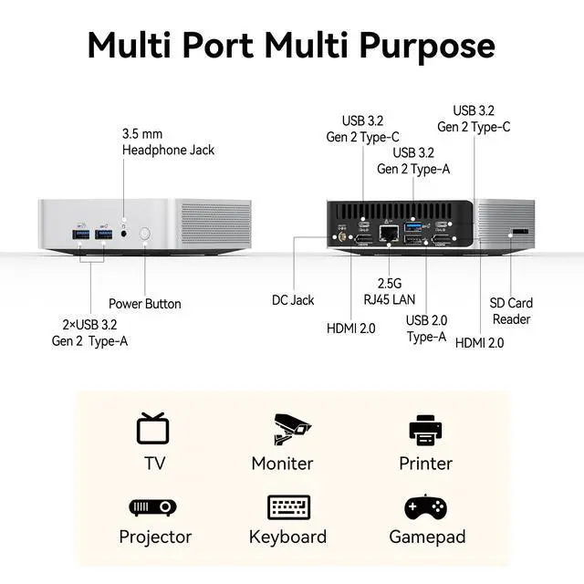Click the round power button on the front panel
click(145, 234)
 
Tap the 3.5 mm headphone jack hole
click(124, 234)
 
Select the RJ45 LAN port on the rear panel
click(389, 234)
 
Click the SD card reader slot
click(521, 232)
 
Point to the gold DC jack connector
click(340, 236)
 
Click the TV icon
click(153, 428)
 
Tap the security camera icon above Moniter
click(292, 429)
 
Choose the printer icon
click(425, 430)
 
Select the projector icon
click(152, 507)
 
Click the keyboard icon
click(288, 507)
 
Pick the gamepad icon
click(426, 506)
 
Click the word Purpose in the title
click(427, 47)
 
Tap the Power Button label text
click(145, 304)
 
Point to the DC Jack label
click(293, 300)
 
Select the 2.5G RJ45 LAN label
click(390, 291)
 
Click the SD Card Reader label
click(511, 311)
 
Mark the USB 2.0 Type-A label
click(426, 328)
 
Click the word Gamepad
click(427, 537)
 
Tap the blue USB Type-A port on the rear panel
click(413, 226)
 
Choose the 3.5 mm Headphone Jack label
click(168, 142)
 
